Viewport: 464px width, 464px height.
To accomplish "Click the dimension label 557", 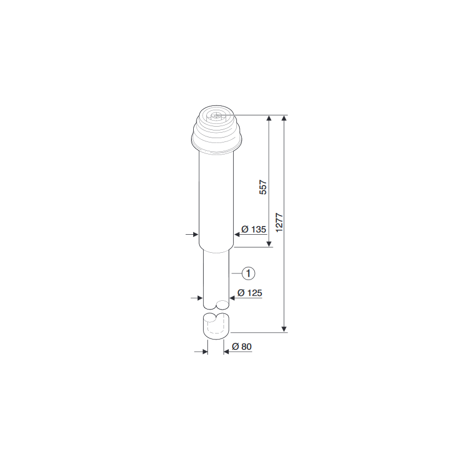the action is coord(263,187).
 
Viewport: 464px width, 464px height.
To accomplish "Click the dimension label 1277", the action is coord(279,223).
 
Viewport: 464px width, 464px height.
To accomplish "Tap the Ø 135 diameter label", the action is coord(254,229).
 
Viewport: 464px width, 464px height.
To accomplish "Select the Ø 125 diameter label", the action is coord(250,293).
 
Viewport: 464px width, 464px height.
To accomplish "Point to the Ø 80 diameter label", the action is coord(242,347).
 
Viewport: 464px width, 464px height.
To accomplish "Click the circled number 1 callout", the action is coord(248,273).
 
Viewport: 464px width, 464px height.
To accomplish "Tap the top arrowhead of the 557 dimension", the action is coord(269,118).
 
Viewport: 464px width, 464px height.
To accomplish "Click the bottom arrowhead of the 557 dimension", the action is coord(269,243).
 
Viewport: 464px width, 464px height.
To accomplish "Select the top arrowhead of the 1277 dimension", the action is coord(284,118).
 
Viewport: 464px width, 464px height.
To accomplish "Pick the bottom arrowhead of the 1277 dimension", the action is coord(284,329).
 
